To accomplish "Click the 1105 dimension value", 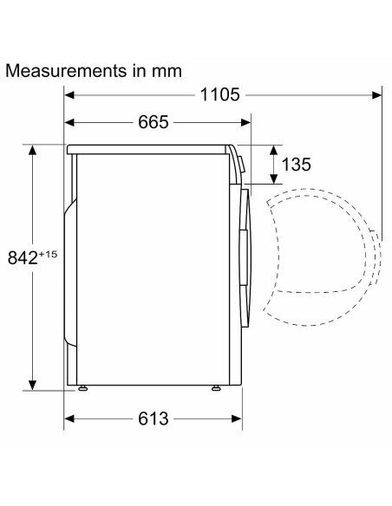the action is (x=219, y=94).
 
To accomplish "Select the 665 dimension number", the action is (x=153, y=122).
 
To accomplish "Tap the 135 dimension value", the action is (x=296, y=165).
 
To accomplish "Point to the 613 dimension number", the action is (x=153, y=418).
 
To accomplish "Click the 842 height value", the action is (x=23, y=258).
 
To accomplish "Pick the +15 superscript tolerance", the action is (x=48, y=254).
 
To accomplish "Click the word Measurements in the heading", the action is (x=66, y=71).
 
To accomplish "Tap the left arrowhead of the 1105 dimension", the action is (x=69, y=95).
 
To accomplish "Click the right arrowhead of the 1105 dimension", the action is (x=377, y=95).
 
